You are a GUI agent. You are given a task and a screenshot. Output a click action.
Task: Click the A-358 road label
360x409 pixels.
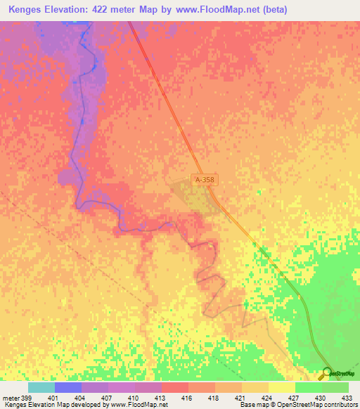205,181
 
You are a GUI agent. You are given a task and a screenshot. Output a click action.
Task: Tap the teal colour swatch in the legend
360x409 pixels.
41,388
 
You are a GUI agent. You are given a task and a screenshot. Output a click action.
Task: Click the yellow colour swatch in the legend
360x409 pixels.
281,388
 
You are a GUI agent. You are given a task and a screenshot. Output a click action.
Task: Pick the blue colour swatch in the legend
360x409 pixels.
67,388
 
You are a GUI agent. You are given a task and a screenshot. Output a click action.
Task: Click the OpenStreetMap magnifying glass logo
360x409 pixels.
327,373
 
